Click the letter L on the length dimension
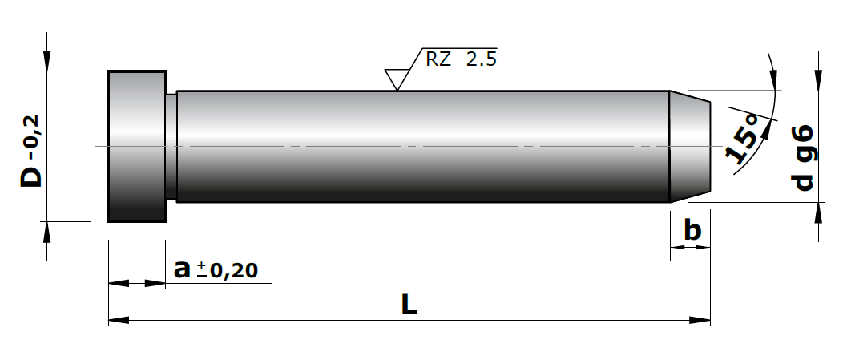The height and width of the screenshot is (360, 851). point(409,305)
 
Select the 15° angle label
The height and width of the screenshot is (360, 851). point(743,140)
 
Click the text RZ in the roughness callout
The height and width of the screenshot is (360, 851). point(438,59)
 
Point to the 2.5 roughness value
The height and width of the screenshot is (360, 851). point(482,59)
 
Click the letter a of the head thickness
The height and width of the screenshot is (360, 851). point(183,269)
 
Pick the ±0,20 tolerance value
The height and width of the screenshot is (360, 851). point(228,270)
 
